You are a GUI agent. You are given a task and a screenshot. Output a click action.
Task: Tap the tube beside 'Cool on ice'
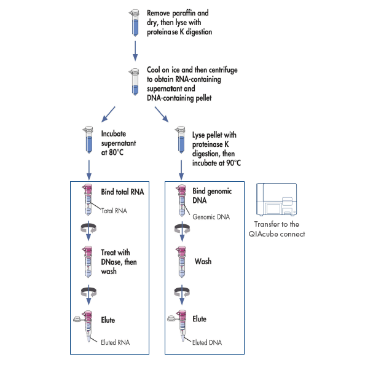click(135, 80)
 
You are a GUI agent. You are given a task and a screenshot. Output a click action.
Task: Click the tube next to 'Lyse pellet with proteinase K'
click(180, 140)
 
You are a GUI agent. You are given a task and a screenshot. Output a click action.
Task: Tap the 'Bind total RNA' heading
click(122, 192)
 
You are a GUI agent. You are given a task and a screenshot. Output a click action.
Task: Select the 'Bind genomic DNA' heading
click(213, 195)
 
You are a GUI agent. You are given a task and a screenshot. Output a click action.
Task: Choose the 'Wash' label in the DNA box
click(203, 262)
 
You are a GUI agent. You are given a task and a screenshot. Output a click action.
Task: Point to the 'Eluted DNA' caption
click(207, 342)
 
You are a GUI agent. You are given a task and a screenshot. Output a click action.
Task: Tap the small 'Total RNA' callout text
click(115, 211)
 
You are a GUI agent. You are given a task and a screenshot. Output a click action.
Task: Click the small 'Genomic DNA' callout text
click(211, 217)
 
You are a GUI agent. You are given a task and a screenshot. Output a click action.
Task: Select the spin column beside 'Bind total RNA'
click(88, 200)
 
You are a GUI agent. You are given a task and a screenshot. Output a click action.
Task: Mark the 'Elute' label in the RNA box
click(108, 320)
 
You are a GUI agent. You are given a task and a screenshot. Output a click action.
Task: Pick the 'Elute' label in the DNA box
click(200, 320)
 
